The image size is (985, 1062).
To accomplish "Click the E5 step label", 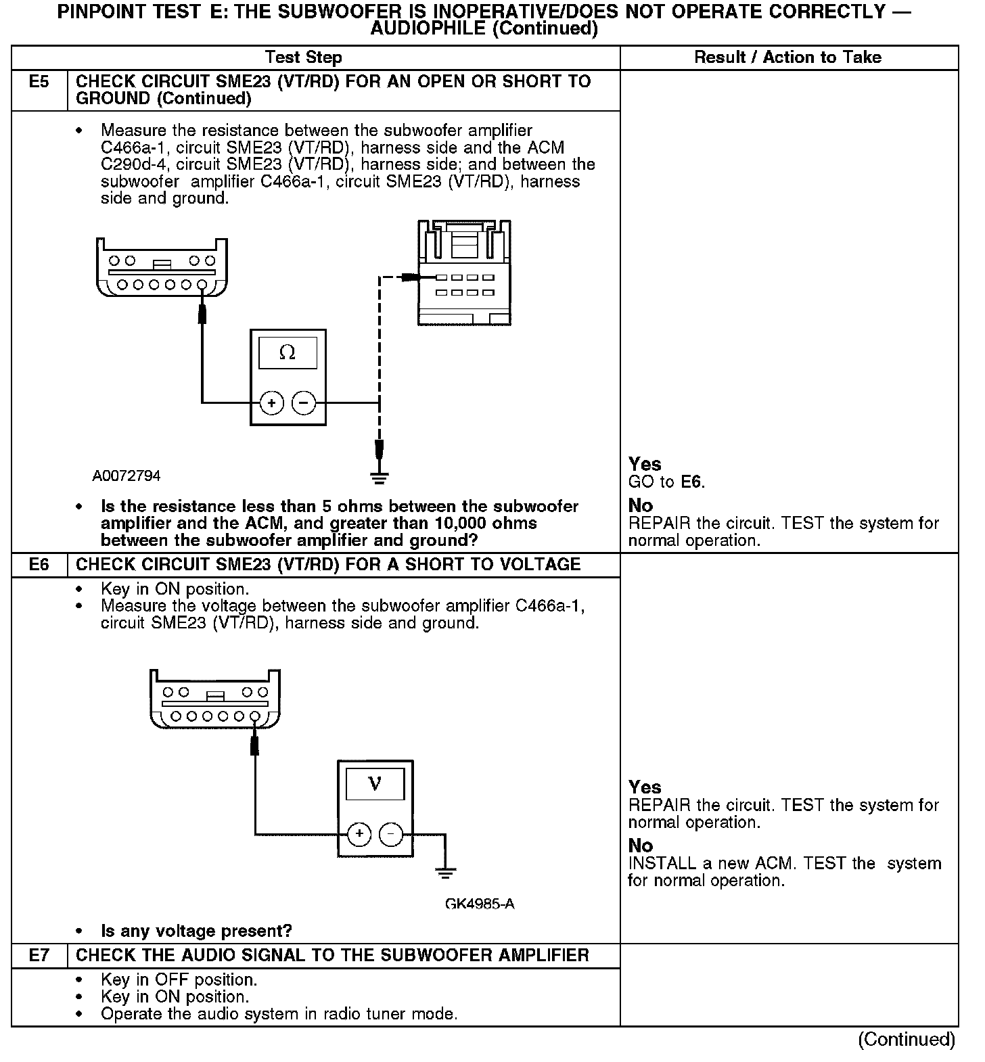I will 39,83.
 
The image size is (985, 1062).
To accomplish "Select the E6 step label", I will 39,565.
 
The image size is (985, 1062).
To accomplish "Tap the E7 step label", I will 39,955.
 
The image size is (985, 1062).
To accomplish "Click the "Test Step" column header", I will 303,57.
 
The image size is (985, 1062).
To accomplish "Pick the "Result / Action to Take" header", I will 787,57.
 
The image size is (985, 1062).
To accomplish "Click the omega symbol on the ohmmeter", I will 288,352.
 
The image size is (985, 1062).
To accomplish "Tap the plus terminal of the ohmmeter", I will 272,403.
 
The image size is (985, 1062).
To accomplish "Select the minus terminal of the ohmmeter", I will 304,403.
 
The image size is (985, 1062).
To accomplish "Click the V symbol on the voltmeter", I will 375,784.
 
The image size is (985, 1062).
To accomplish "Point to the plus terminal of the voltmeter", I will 359,834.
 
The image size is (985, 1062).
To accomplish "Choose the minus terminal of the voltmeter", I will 391,834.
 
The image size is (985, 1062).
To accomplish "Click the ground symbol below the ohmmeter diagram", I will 380,478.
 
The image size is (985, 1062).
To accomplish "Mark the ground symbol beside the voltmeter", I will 444,873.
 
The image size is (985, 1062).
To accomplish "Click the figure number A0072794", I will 127,476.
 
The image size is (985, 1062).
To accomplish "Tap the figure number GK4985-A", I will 480,904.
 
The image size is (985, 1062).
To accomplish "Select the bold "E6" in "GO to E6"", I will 691,482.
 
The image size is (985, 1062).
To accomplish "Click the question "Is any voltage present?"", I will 196,931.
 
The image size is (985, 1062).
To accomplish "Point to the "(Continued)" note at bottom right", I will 907,1039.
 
